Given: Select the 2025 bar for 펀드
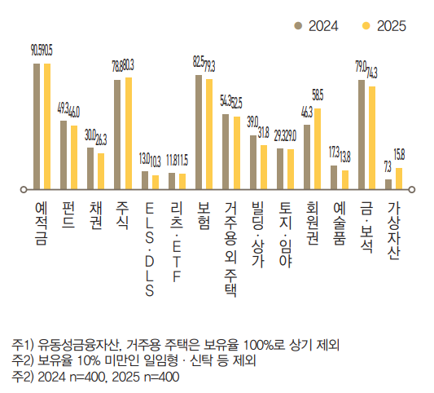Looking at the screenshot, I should point(73,157).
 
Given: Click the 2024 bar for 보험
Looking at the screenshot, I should point(199,131).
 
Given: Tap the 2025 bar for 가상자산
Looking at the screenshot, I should point(398,178).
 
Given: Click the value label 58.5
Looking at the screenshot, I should point(318,95).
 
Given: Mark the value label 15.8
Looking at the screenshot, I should point(399,154).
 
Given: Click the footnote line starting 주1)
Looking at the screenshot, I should point(181,343).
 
